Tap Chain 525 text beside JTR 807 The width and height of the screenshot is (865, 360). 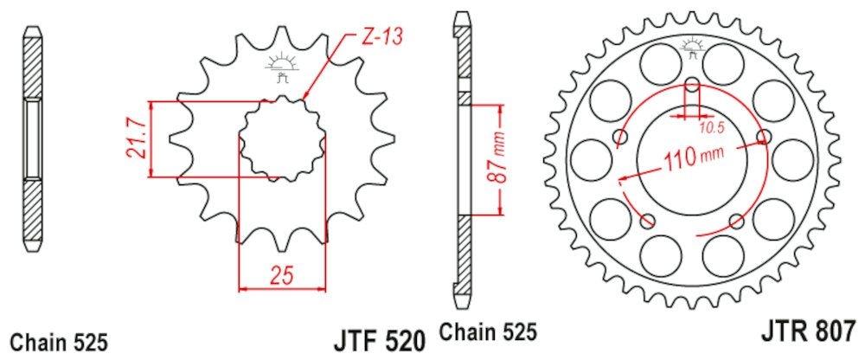tap(490, 332)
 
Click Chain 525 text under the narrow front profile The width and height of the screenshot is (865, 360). tap(58, 339)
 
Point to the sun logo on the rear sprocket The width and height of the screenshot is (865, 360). tap(694, 47)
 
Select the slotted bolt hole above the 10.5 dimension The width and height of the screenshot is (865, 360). tap(693, 88)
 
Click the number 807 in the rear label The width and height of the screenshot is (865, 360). tap(832, 331)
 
